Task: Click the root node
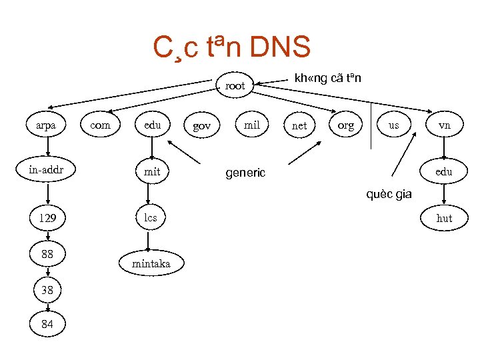(235, 85)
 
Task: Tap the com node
(100, 125)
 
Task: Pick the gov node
(201, 125)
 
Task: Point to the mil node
(252, 124)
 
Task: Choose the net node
(300, 125)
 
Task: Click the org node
(345, 125)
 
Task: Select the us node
(394, 125)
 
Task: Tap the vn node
(444, 125)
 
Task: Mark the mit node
(152, 171)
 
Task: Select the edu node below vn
(444, 171)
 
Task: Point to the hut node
(444, 218)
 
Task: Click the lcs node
(151, 217)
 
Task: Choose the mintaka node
(151, 263)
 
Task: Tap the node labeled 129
(47, 218)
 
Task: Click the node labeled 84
(47, 324)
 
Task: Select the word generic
(245, 173)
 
